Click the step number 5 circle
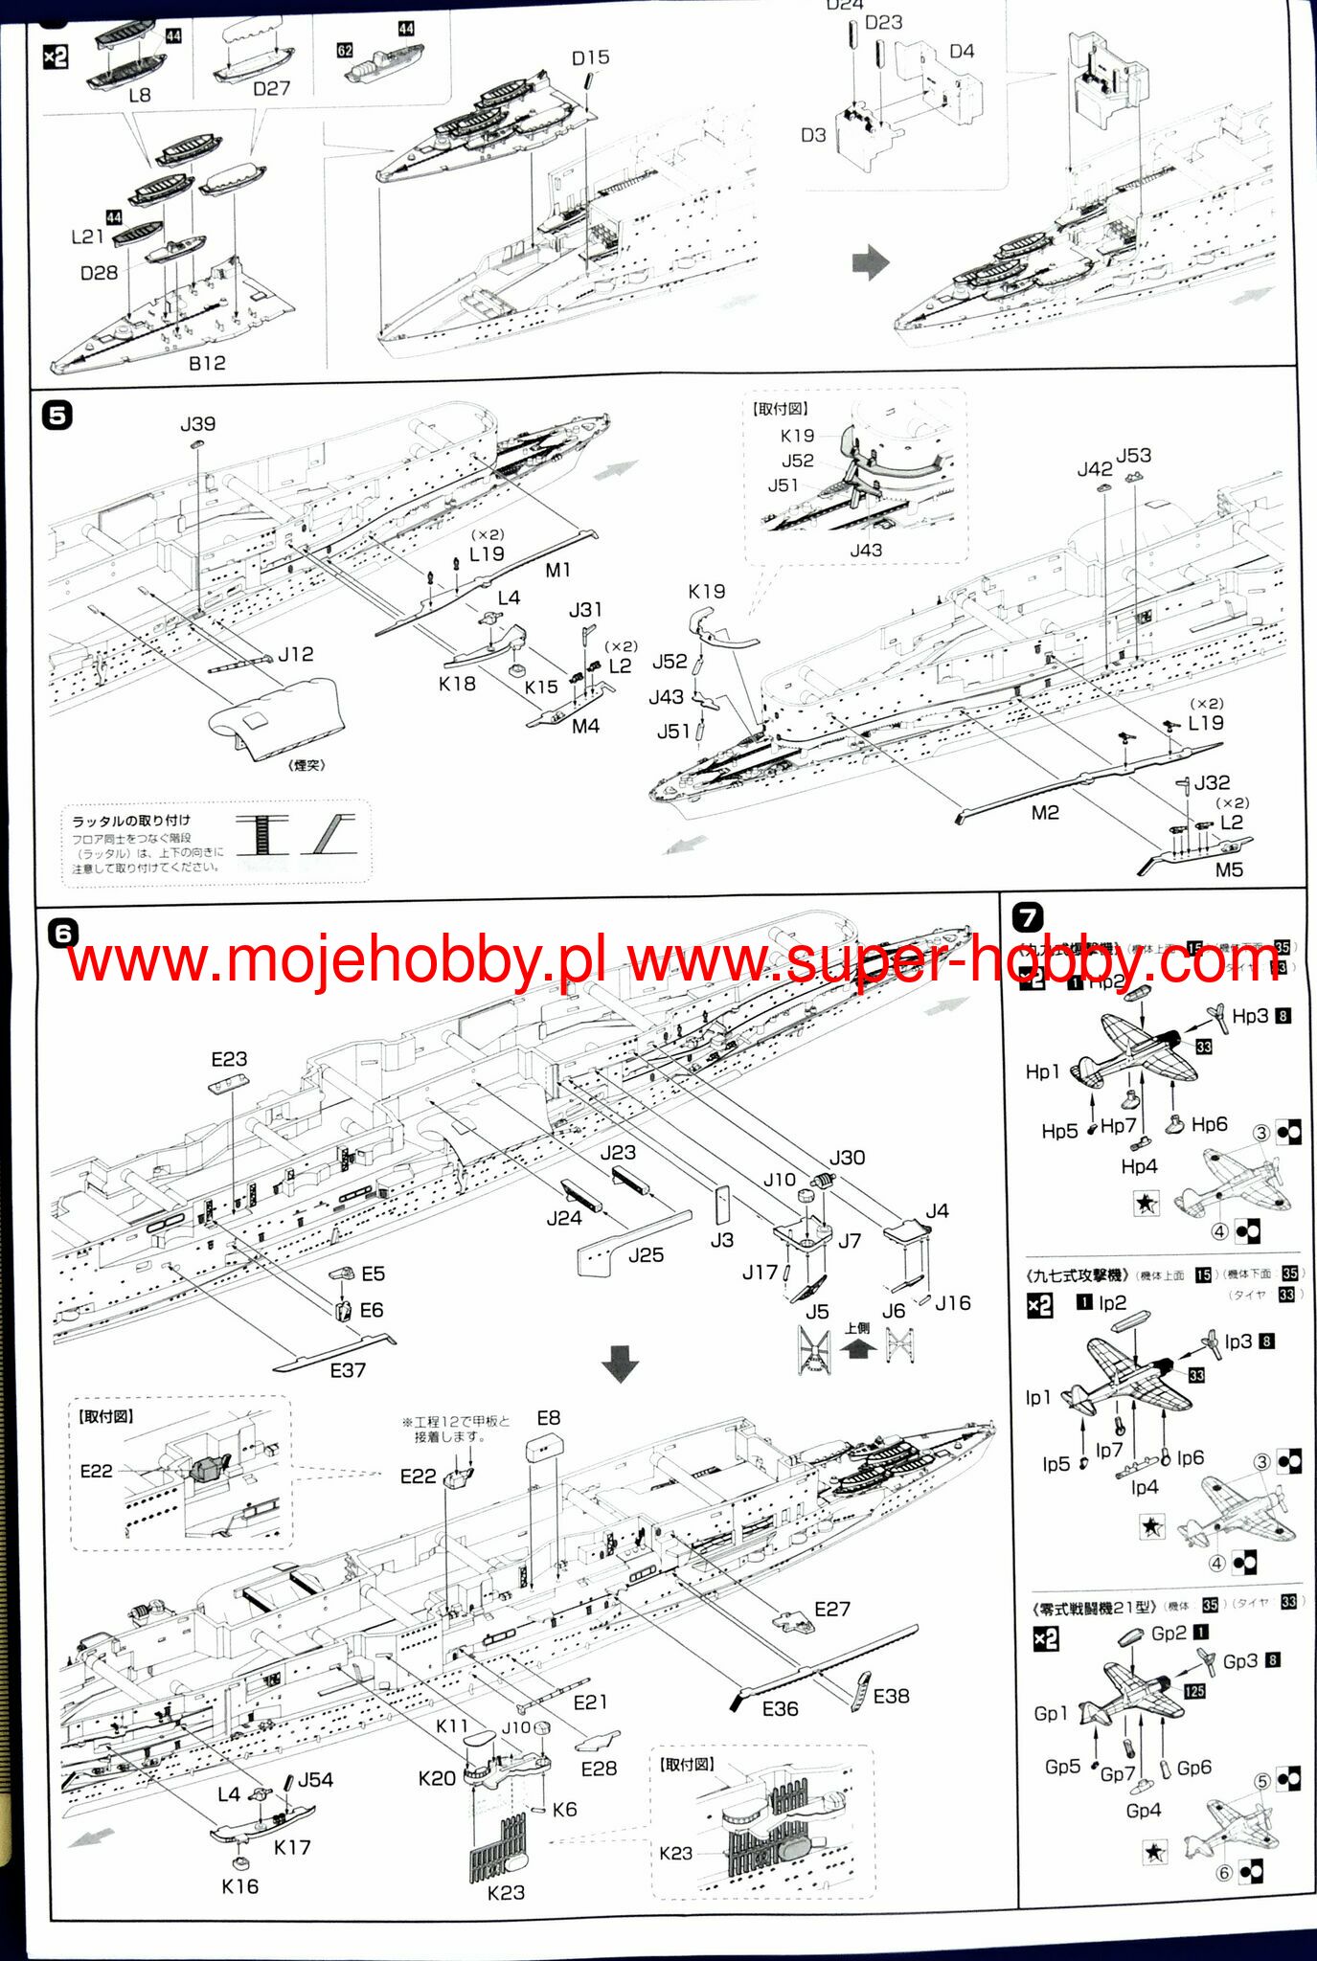pos(57,416)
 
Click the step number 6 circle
pos(62,932)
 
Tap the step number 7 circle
pos(1027,918)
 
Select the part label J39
pos(197,423)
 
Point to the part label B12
pos(207,363)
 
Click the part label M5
pos(1229,869)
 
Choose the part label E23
pos(229,1059)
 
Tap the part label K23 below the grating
pos(506,1892)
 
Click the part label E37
pos(348,1370)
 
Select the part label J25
pos(647,1255)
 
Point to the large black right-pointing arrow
pos(871,262)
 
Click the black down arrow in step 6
pos(620,1364)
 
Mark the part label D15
pos(590,57)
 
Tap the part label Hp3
pos(1250,1016)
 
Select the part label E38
pos(891,1696)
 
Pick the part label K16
pos(239,1886)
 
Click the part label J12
pos(296,654)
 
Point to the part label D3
pos(813,135)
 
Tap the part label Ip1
pos(1038,1397)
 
